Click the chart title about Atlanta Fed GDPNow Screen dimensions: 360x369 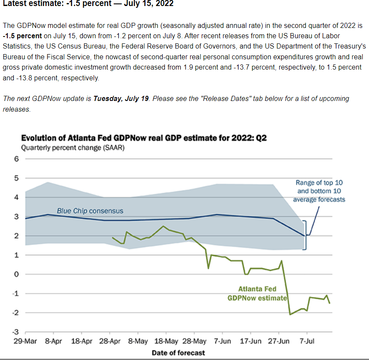[x=144, y=138]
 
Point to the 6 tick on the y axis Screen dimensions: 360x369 [x=17, y=159]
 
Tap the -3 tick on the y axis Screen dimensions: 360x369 [x=15, y=332]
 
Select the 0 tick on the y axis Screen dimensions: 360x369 [x=17, y=274]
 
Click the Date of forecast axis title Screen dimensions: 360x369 [x=178, y=353]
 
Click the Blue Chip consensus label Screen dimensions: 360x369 [x=90, y=211]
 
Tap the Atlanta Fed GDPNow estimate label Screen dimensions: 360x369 [x=257, y=293]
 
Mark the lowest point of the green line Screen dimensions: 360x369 [x=290, y=314]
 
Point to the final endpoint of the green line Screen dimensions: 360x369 [x=330, y=303]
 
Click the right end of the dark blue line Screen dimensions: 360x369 [x=305, y=235]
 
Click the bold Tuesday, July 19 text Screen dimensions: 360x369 [x=121, y=98]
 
